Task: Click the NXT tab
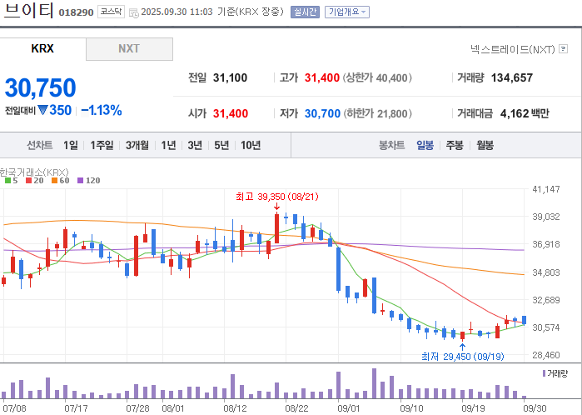(129, 48)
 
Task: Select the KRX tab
(42, 48)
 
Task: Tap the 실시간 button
(305, 12)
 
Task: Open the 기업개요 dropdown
(346, 12)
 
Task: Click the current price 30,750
(41, 88)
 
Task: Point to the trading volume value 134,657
(512, 77)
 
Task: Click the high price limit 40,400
(391, 77)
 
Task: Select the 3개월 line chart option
(137, 145)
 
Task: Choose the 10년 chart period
(251, 145)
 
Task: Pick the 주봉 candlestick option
(455, 145)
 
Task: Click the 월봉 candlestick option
(485, 145)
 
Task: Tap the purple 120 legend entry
(89, 181)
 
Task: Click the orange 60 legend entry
(61, 181)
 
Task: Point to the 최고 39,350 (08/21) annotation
(277, 197)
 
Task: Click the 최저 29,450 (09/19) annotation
(462, 357)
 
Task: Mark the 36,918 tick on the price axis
(545, 244)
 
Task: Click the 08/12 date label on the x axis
(235, 408)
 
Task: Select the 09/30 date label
(535, 408)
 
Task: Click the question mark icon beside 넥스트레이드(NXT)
(563, 48)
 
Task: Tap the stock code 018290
(76, 12)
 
